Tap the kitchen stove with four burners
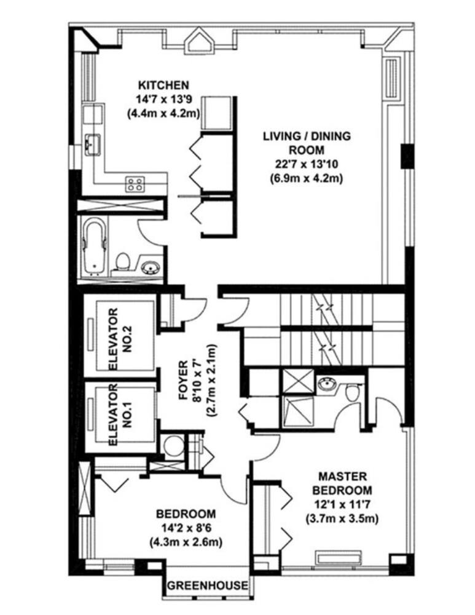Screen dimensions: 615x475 (136, 183)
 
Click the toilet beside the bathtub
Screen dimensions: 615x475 (123, 262)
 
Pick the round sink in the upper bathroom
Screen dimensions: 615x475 (150, 268)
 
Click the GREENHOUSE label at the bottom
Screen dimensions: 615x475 (208, 585)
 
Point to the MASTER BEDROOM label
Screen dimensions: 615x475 (342, 483)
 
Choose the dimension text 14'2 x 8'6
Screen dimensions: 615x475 (185, 528)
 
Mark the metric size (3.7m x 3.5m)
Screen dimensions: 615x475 (342, 518)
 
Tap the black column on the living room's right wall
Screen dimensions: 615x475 (406, 156)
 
